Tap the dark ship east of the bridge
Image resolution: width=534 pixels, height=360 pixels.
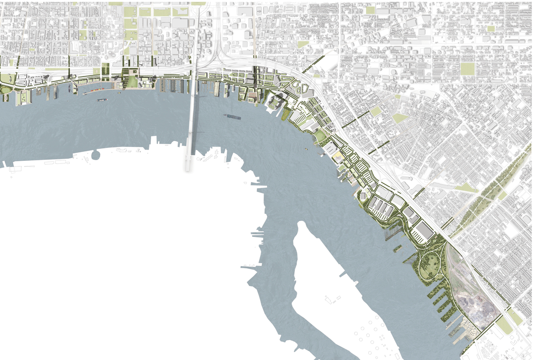[233, 117]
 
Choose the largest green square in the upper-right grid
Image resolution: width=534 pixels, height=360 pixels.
[467, 69]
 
